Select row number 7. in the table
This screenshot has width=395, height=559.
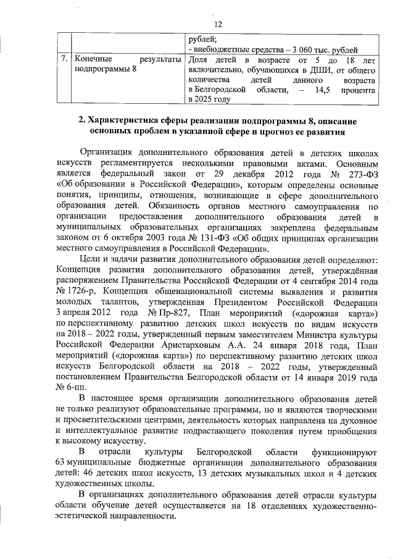[64, 59]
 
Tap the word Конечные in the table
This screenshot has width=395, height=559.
[92, 59]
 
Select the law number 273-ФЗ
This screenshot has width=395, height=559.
[357, 175]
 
